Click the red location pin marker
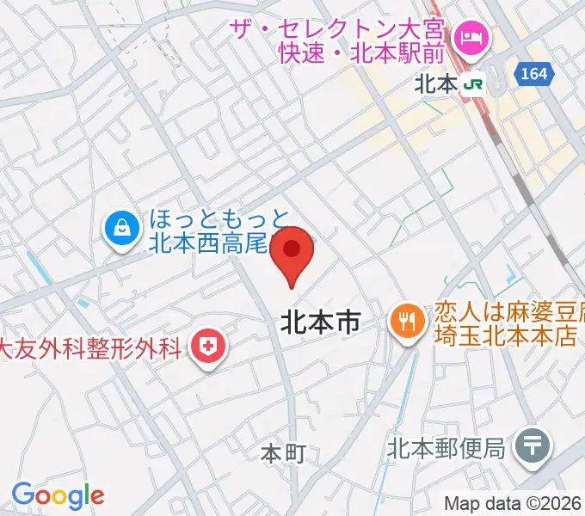(292, 251)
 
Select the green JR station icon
(472, 84)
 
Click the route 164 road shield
(533, 75)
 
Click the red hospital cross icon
(206, 347)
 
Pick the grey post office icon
(533, 445)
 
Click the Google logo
(58, 495)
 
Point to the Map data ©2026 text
(514, 503)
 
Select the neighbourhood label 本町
(283, 454)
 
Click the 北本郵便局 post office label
(445, 447)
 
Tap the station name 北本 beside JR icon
(435, 84)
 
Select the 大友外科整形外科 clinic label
(90, 348)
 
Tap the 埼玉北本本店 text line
(504, 335)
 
